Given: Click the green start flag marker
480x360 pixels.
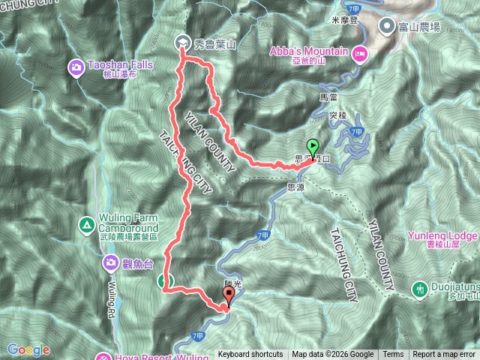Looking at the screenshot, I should point(312,147).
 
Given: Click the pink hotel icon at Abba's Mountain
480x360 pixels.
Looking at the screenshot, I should point(361,52).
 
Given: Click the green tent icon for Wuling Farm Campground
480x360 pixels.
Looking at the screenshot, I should point(87,224).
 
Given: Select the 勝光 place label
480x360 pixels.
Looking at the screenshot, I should point(232,283).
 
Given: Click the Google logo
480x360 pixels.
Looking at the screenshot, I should point(28,349).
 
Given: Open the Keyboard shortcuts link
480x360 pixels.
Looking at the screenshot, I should point(250,355).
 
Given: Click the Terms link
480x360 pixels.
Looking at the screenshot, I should point(393,355).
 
